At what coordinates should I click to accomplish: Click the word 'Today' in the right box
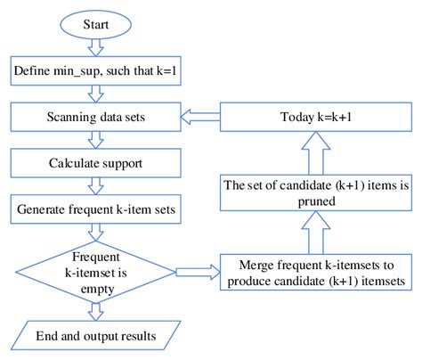click(288, 117)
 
